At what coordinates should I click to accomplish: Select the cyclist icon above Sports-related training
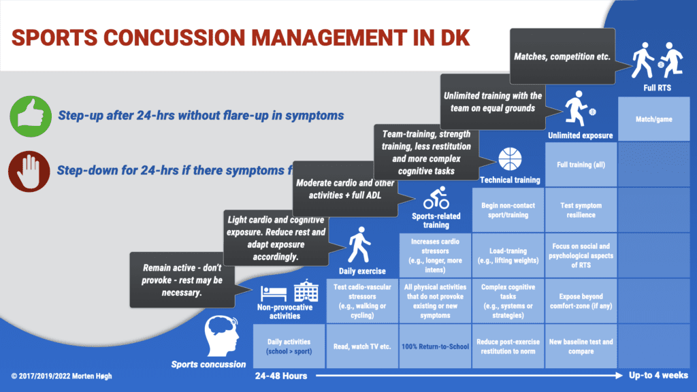click(x=436, y=200)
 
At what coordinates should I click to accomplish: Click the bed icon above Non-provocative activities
click(x=274, y=293)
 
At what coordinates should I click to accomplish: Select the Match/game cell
click(x=653, y=119)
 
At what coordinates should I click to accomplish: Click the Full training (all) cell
click(x=581, y=165)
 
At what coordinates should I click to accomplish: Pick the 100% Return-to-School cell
click(x=436, y=346)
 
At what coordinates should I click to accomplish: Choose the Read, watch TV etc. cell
click(x=362, y=346)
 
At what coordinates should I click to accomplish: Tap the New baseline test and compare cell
click(x=581, y=346)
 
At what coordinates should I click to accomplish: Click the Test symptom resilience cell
click(x=581, y=210)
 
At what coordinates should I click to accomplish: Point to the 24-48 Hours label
click(x=280, y=376)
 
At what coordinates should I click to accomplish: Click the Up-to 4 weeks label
click(x=656, y=376)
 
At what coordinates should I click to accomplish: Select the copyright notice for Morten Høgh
click(x=61, y=376)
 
